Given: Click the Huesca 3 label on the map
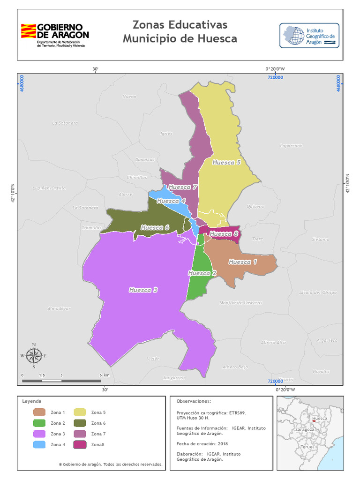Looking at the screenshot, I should point(143,290).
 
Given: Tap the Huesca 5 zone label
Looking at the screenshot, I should point(226,163).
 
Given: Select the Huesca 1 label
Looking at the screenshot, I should point(242,262).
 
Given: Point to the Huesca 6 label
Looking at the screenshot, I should point(155,228).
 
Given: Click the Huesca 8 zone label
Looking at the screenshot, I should point(224,234).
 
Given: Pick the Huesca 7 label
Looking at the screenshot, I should point(182,187).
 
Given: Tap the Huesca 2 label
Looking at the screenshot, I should point(202,273).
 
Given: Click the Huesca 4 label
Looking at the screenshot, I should point(171,201).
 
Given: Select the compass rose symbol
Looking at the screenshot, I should point(34,356).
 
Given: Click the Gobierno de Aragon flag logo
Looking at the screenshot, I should point(28,32).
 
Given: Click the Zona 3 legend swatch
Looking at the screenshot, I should point(39,434).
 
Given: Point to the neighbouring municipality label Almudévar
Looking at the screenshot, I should point(59,308).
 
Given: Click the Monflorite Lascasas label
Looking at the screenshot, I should point(241,303).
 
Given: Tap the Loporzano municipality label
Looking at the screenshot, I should point(291,146).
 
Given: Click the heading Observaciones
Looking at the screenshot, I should point(194,402).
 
